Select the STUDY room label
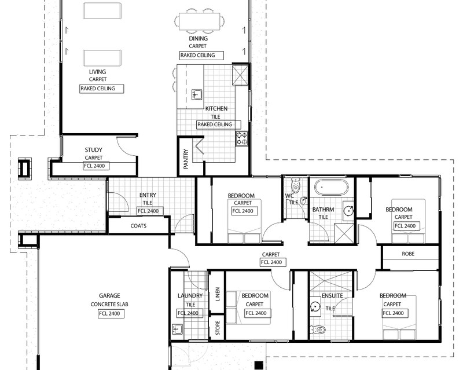tap(94, 149)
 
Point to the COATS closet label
tap(138, 226)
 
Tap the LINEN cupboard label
tap(218, 295)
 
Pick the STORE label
tap(218, 328)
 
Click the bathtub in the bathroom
tap(330, 189)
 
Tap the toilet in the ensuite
tap(318, 329)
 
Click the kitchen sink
tap(196, 94)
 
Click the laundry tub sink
tap(177, 329)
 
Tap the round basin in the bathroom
tap(348, 210)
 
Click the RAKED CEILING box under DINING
tap(197, 55)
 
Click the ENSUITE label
tap(332, 295)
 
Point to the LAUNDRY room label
tap(190, 295)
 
